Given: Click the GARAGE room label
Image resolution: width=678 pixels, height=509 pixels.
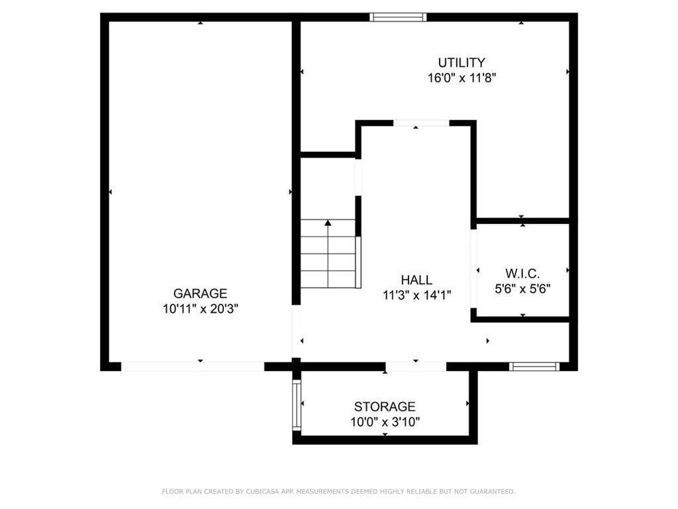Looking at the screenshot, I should [x=200, y=293].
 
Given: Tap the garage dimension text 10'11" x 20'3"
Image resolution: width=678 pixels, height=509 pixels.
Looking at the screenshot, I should [x=200, y=308].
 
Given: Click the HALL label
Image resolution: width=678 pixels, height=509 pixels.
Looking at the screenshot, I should [x=416, y=280].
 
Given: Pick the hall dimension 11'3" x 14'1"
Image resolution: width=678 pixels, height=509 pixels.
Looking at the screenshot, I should [x=416, y=296].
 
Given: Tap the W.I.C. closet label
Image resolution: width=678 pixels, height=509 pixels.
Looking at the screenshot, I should [x=522, y=273].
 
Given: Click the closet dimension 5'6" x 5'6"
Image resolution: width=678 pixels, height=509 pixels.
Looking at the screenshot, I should [x=522, y=288].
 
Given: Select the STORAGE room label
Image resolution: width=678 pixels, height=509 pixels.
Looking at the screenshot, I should [x=385, y=406].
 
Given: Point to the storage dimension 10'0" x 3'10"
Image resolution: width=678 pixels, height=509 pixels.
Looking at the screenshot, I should [x=385, y=422].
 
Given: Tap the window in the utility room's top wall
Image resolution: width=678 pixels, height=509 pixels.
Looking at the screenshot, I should [x=398, y=17].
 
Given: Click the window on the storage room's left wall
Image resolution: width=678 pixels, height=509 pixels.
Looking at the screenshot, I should [x=297, y=404].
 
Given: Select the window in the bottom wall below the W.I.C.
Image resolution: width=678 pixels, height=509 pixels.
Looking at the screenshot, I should [x=534, y=366].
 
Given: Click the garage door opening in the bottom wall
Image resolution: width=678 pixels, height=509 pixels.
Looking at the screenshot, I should [x=193, y=366].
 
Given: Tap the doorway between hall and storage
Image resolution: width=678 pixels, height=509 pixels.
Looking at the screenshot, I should [x=416, y=366].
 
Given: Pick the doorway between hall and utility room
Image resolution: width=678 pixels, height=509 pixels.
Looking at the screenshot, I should [x=421, y=123].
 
